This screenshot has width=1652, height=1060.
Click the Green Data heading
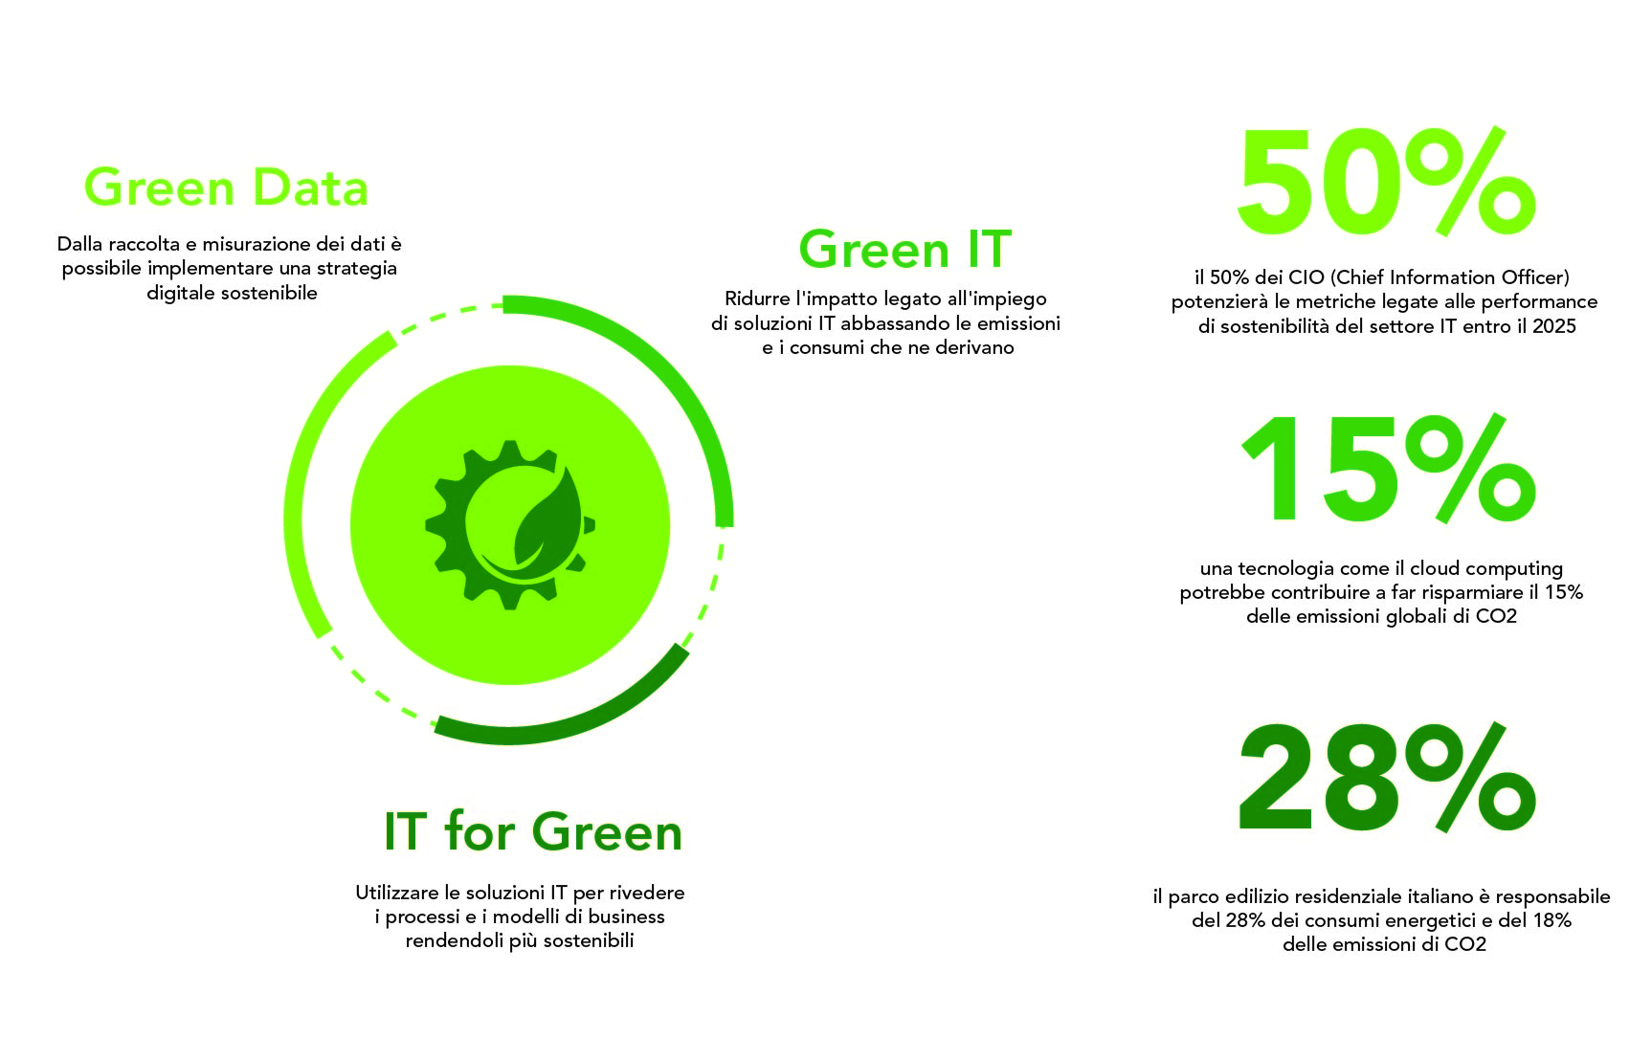coord(226,188)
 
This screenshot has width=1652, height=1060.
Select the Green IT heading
coord(904,250)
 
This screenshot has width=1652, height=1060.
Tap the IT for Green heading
coord(533,831)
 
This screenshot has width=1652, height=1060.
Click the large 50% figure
coord(1386,182)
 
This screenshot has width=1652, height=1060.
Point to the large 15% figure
coord(1388,469)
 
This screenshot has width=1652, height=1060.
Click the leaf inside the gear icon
coord(547,517)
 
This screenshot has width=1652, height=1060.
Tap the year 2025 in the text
coord(1554,326)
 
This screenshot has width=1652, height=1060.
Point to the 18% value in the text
coord(1552,920)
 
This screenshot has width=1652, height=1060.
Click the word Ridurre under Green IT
coord(757,298)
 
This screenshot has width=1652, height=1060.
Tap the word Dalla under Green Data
coord(80,244)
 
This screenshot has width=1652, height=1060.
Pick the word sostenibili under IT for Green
coord(589,940)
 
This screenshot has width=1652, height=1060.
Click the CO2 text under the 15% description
coord(1496,617)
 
